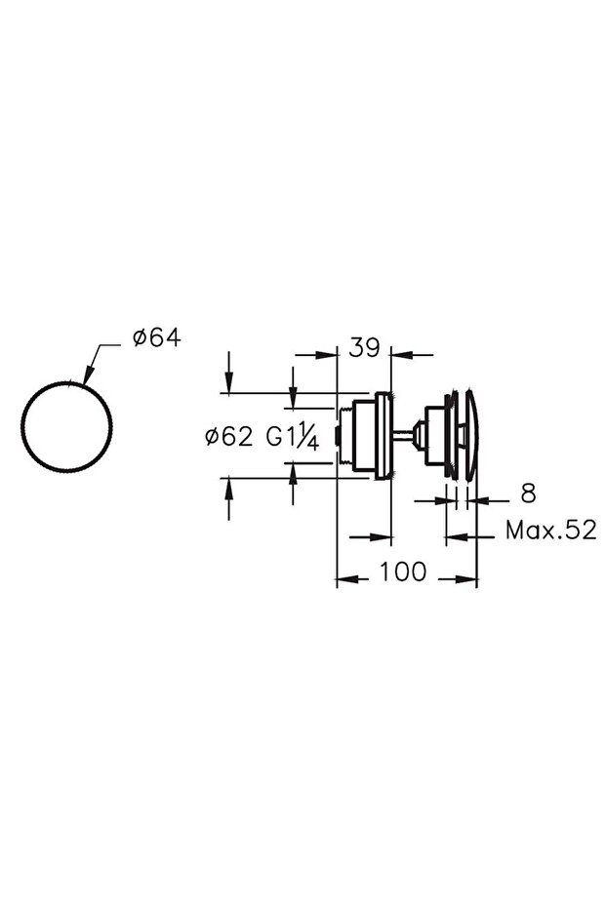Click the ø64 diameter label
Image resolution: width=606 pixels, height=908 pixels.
click(156, 337)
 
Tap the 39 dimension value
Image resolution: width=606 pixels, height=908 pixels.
click(364, 348)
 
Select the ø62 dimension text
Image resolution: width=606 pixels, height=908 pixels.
click(229, 437)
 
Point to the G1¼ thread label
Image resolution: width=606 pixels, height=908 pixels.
click(293, 438)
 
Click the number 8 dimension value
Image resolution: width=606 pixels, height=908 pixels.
click(528, 493)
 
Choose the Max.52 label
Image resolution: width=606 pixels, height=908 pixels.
click(551, 530)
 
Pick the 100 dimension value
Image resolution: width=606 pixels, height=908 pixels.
click(403, 572)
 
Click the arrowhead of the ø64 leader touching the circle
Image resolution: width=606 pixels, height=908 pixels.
click(88, 375)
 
